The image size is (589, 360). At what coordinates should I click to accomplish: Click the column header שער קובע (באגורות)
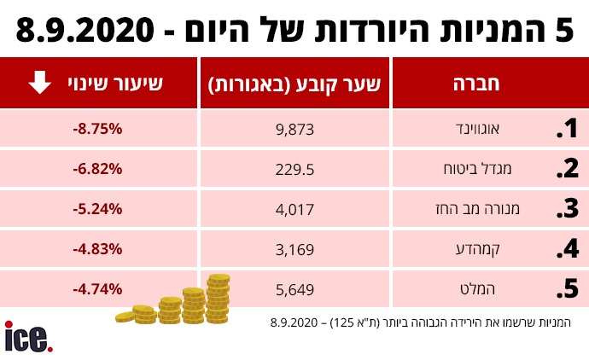[x=294, y=84]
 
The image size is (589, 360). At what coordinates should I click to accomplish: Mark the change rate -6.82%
[x=98, y=169]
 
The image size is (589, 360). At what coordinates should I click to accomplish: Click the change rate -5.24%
[x=98, y=209]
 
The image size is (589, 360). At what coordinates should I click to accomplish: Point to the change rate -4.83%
[x=98, y=249]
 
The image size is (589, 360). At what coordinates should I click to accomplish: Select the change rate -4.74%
[x=98, y=289]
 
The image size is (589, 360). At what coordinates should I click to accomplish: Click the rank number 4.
[x=566, y=250]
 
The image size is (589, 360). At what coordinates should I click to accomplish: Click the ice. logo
[x=28, y=337]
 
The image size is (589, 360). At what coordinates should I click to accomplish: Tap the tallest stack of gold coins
[x=219, y=298]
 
